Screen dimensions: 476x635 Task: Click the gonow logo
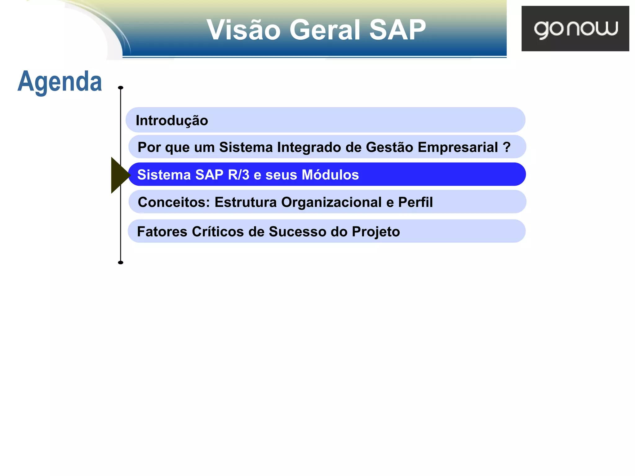(575, 29)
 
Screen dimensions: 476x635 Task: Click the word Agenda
(60, 82)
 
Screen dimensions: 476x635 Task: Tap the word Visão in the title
(243, 30)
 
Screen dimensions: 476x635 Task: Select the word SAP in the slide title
(397, 30)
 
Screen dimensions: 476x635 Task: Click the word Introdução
(172, 121)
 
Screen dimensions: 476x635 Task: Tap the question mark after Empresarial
(507, 147)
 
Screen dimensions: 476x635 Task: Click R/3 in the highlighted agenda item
(238, 175)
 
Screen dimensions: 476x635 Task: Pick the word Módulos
(330, 175)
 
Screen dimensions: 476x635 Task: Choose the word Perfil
(415, 202)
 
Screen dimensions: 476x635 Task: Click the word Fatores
(162, 232)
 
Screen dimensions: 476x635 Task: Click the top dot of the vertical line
(121, 88)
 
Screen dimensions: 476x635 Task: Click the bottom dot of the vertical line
(121, 262)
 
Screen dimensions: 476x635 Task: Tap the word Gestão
(389, 147)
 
